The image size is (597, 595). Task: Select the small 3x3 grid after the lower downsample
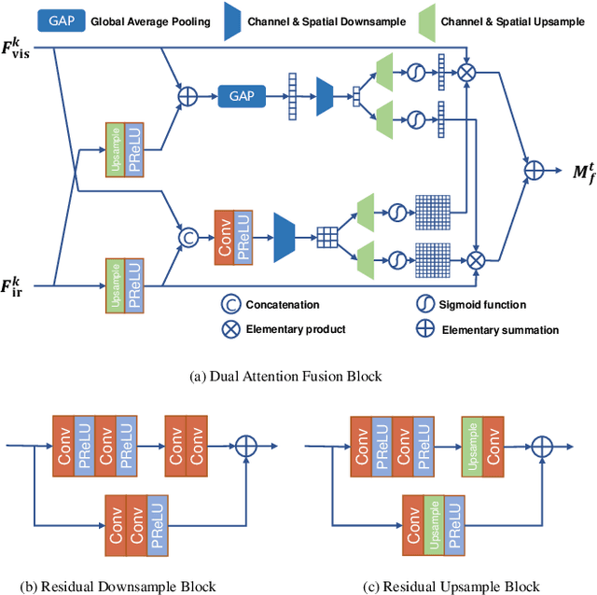326,237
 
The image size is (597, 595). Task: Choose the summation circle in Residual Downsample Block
246,446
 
